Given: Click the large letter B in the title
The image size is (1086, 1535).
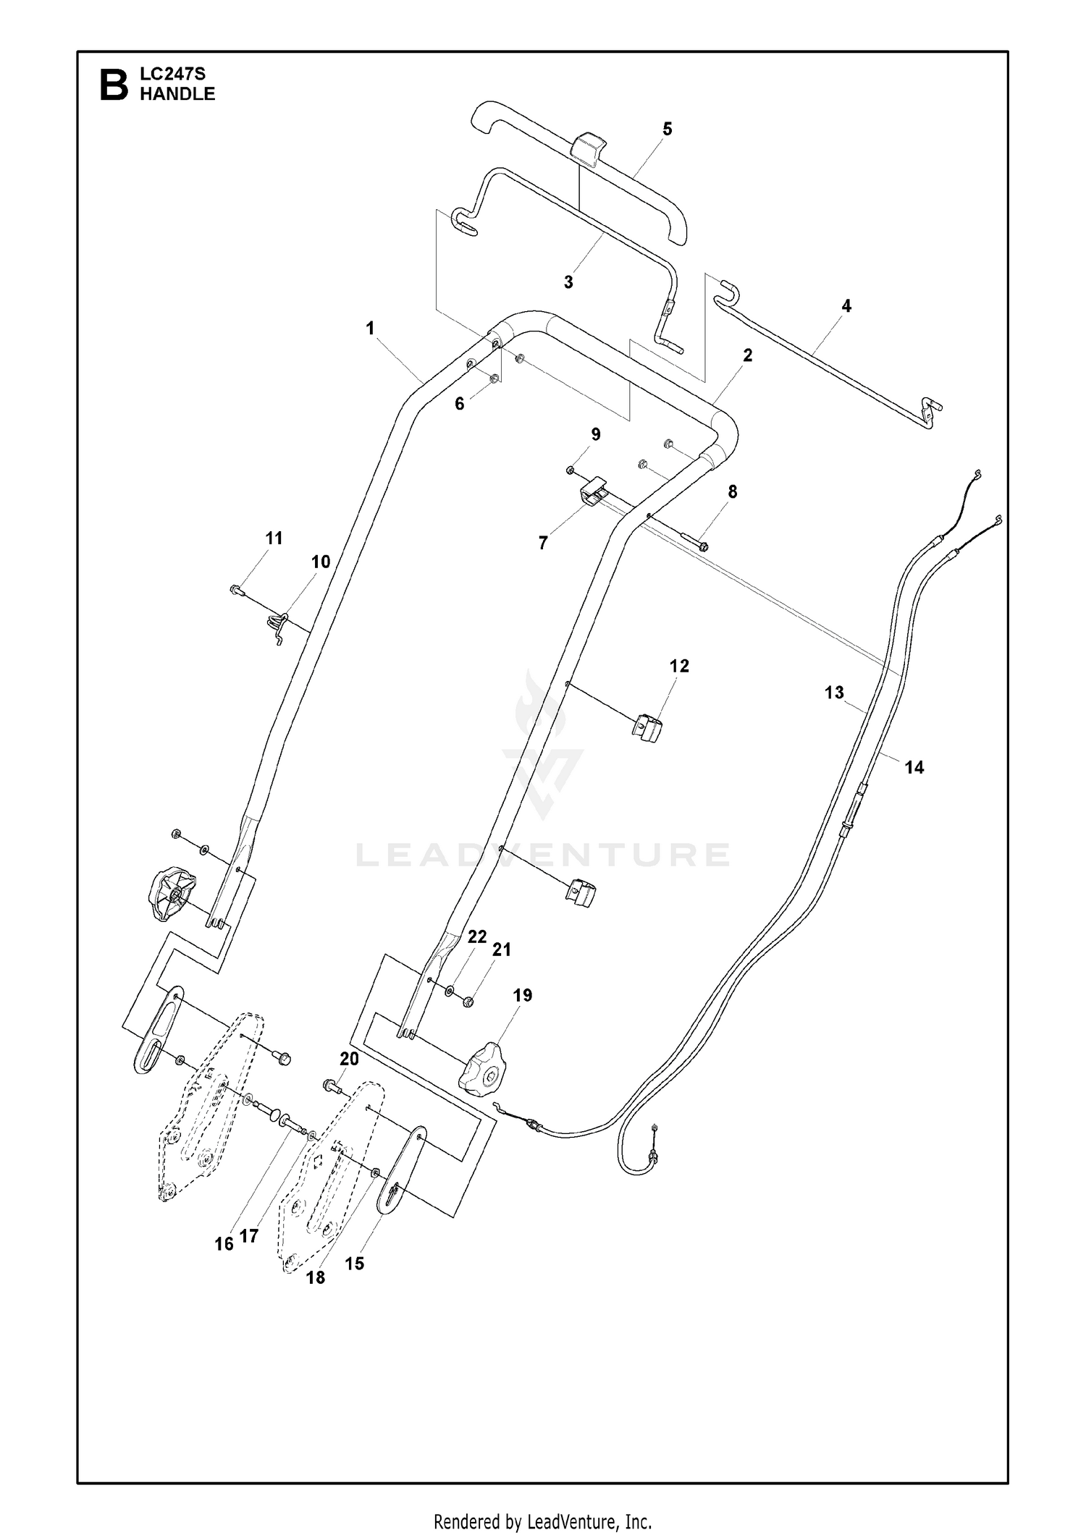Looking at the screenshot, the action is (114, 84).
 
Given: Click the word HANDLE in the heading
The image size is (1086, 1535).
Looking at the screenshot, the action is (177, 94).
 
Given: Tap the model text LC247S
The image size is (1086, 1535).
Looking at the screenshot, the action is (173, 73).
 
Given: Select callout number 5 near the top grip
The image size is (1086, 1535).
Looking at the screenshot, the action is (667, 129).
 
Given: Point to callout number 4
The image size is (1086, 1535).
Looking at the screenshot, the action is (846, 305).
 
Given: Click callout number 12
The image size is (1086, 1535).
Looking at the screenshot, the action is (679, 666).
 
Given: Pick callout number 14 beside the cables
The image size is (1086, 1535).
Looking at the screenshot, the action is (914, 767).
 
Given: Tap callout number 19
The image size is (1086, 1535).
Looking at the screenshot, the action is (522, 995).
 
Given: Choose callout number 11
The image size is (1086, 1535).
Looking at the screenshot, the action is (274, 538).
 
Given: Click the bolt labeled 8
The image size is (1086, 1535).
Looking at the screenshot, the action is (695, 541).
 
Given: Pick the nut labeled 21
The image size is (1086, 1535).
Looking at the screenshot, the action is (468, 1002).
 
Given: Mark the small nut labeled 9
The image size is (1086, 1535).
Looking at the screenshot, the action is (571, 470).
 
